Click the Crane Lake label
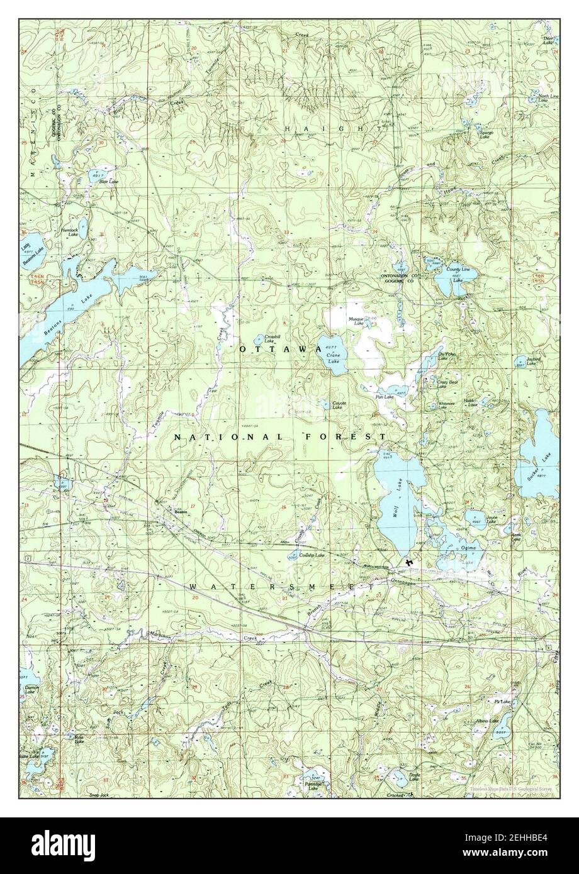coord(334,358)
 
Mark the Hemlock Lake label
coord(69,232)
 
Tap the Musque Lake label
coord(357,321)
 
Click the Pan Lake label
coord(385,397)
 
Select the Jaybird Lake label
coord(534,362)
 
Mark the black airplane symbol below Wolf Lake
coord(410,561)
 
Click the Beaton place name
coord(182,512)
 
